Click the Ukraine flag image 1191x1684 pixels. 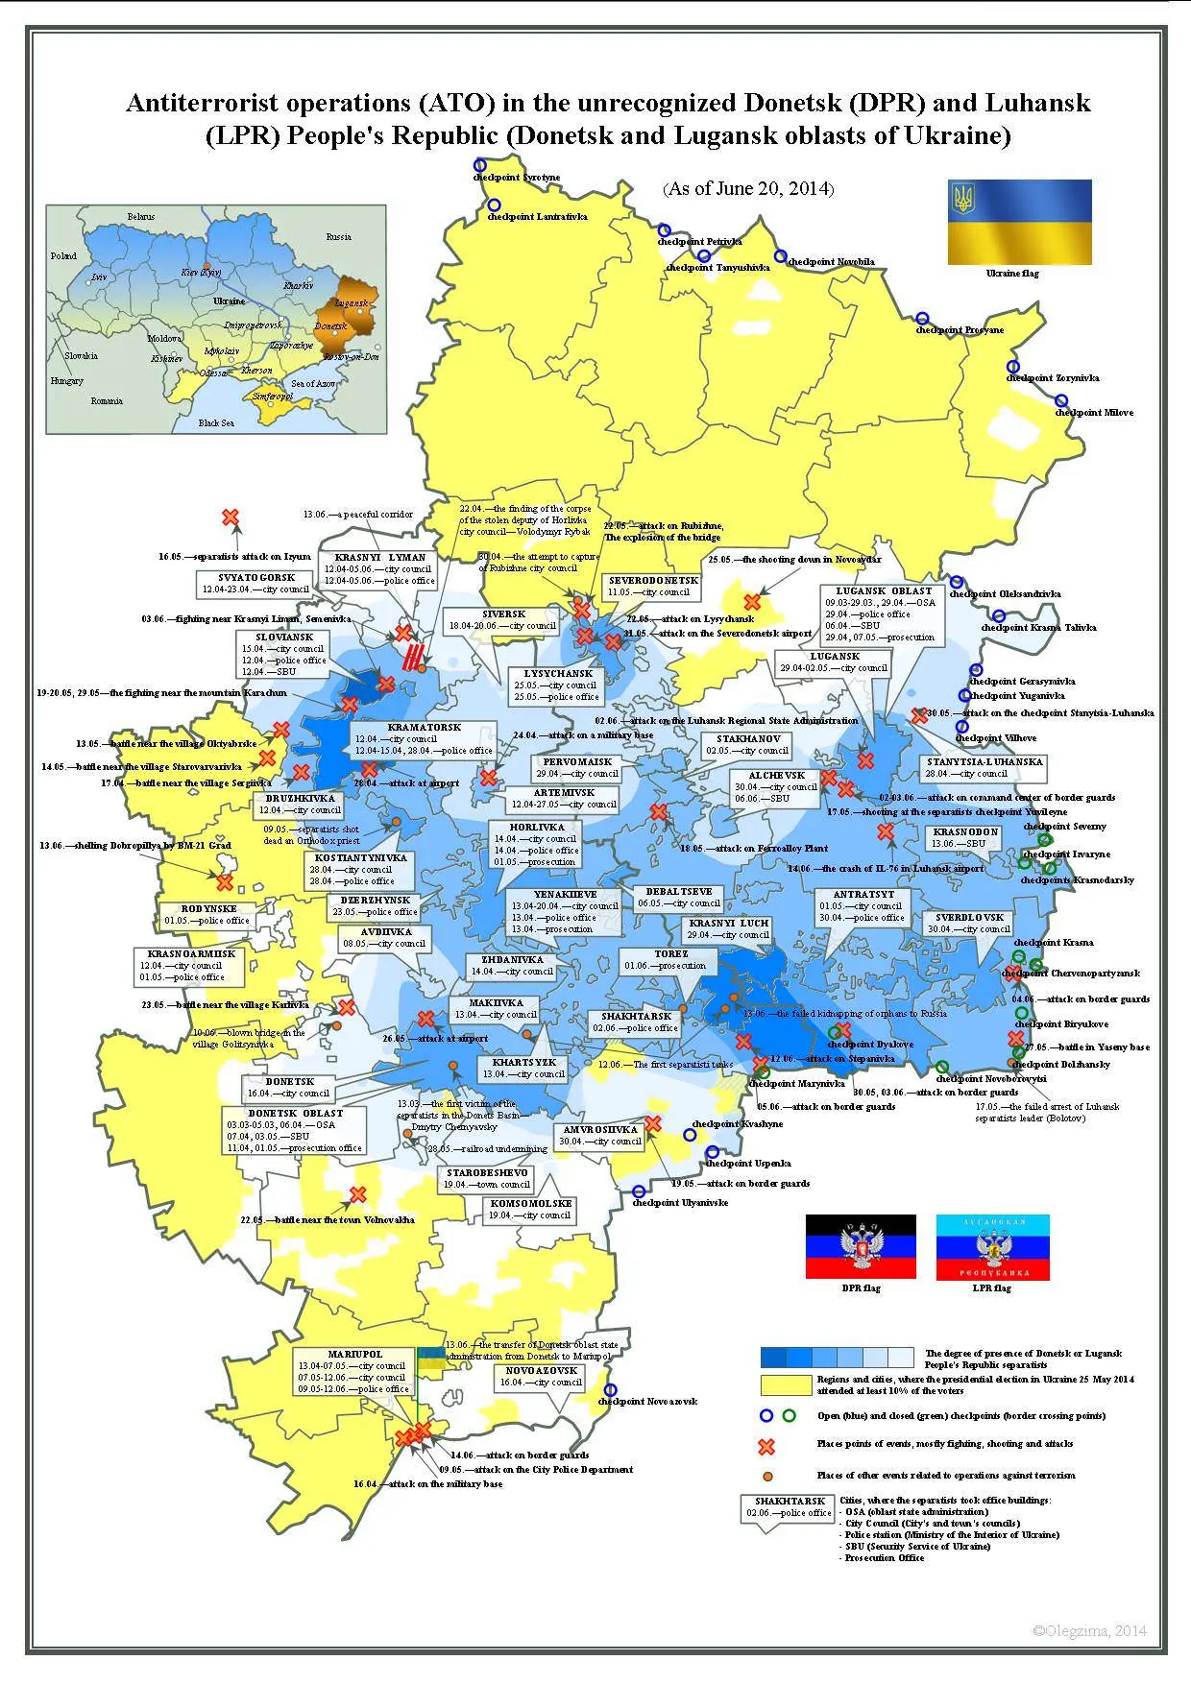point(1019,222)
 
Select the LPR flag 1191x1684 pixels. point(992,1246)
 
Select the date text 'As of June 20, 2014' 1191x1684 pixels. point(748,188)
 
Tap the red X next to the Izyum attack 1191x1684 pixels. point(231,517)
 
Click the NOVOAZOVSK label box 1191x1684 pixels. point(541,1377)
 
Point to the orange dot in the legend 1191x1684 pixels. point(766,1476)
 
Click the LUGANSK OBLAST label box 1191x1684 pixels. point(883,613)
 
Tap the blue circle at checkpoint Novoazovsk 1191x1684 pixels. point(610,1389)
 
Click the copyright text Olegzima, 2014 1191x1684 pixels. point(1089,1631)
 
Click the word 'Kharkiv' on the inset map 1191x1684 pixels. point(299,286)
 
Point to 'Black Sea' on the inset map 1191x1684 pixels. point(216,423)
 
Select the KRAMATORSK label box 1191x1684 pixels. point(424,739)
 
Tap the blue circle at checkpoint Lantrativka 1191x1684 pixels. point(494,204)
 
